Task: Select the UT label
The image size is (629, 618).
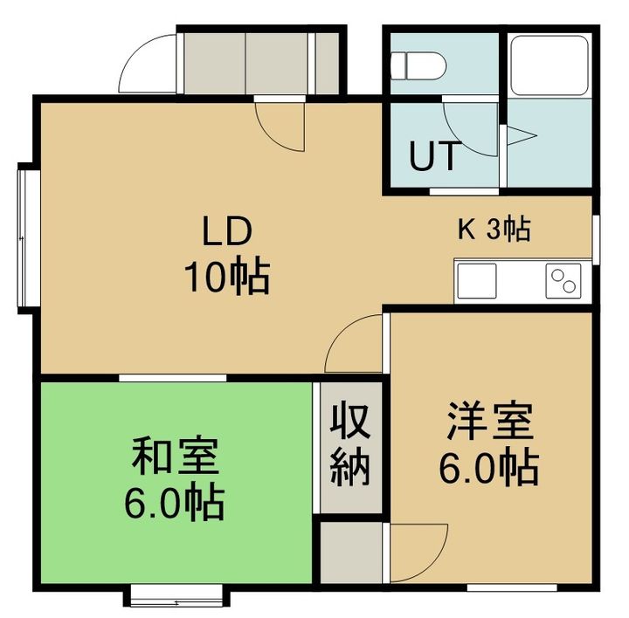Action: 433,157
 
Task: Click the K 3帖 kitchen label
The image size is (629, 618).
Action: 494,230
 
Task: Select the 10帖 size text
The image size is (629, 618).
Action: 226,277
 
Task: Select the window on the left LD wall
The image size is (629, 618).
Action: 24,235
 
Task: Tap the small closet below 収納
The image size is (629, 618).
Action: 349,549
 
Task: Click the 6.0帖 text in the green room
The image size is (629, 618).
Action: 175,500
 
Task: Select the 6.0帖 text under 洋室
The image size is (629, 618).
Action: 487,469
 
